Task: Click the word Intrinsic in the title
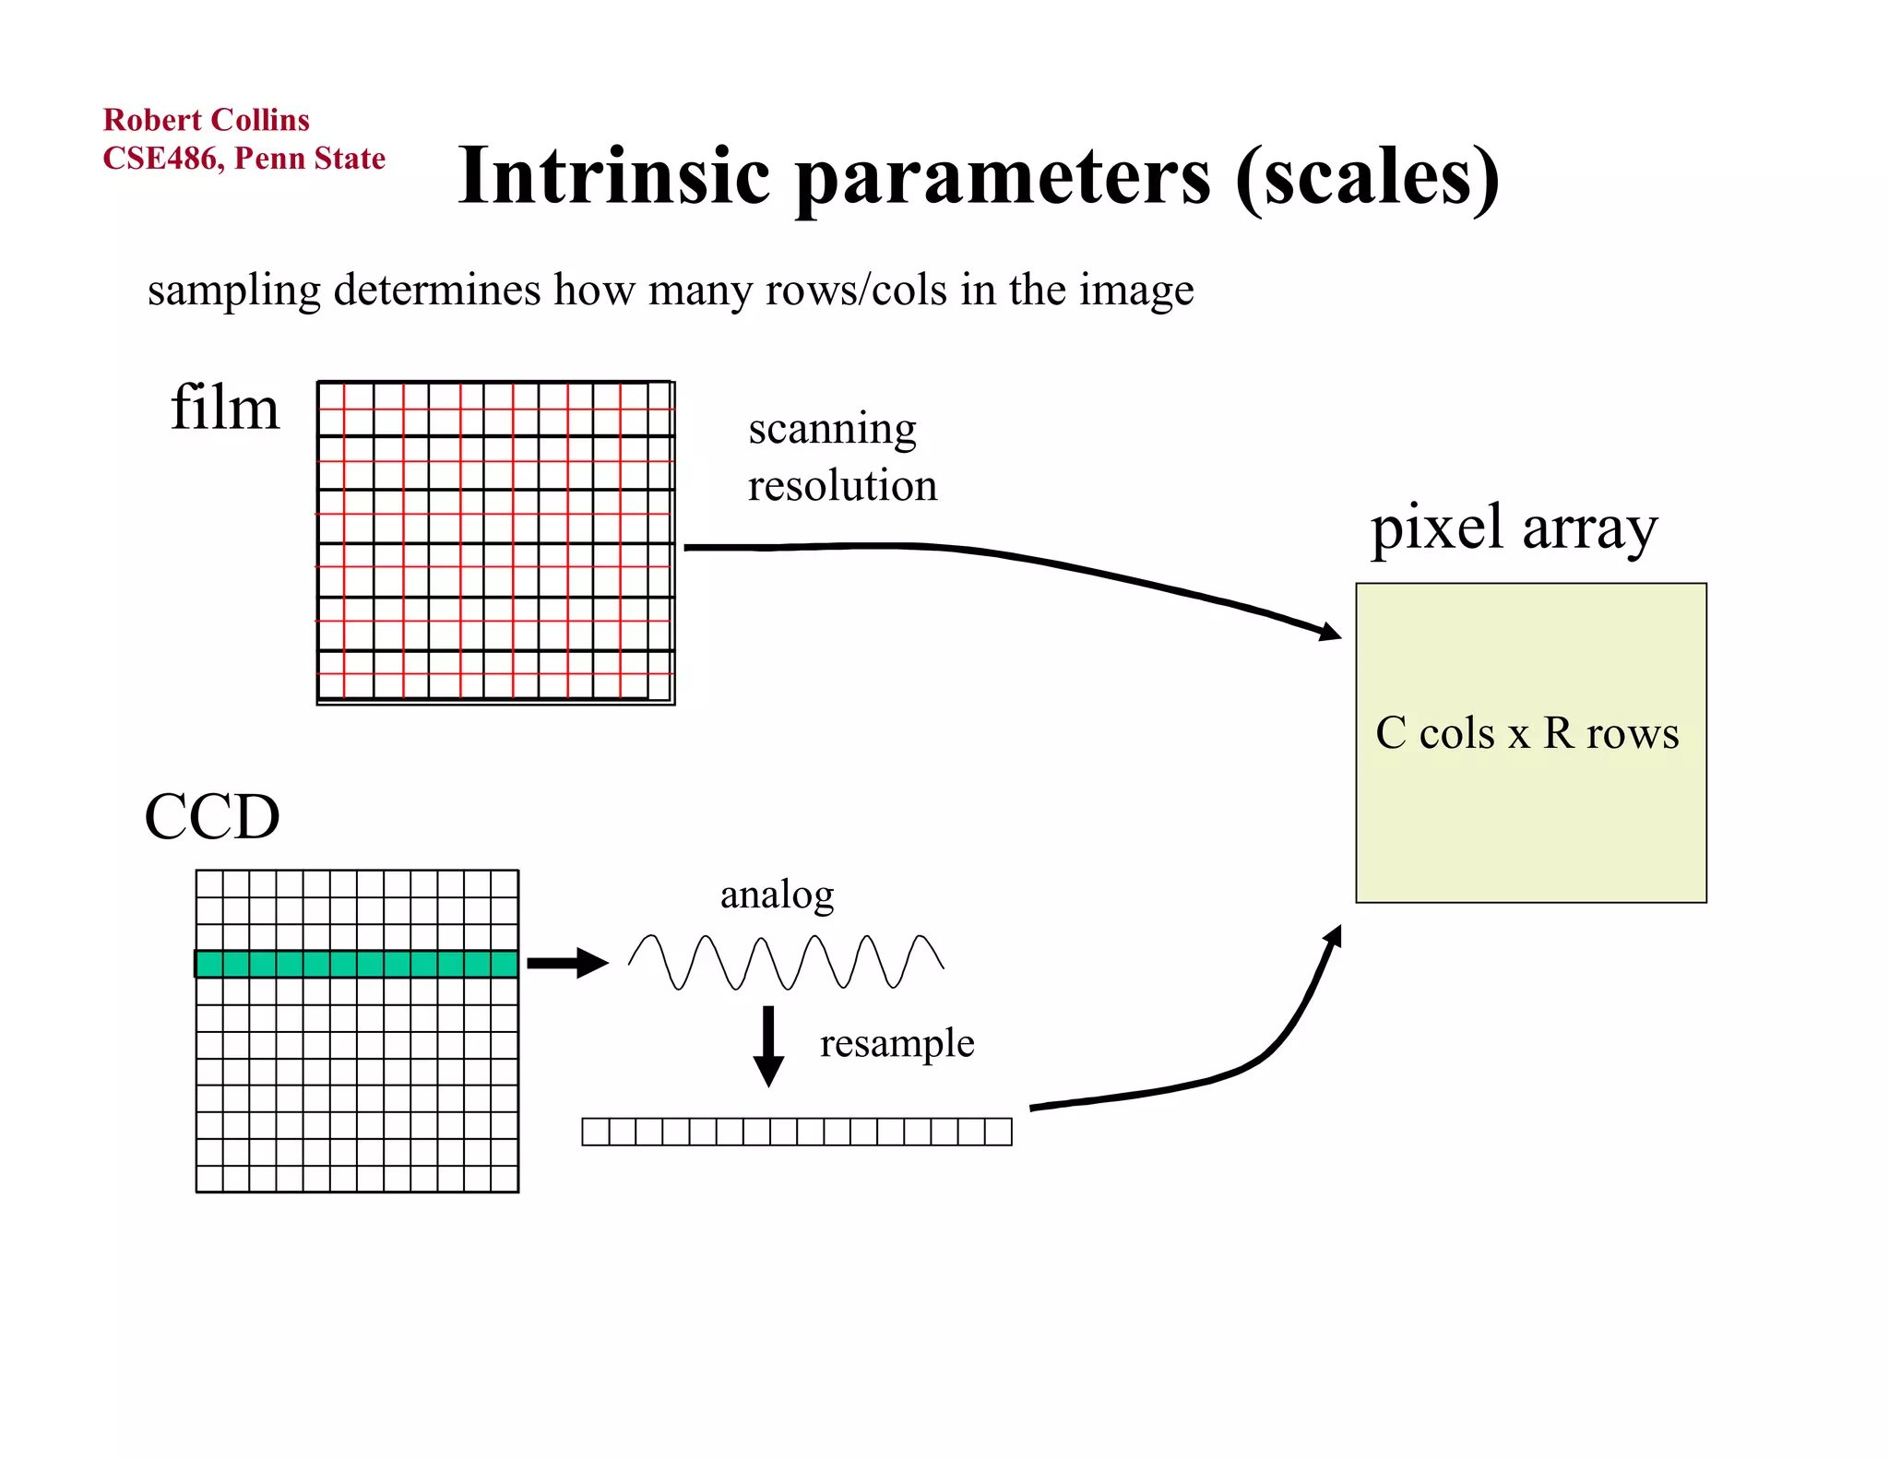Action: (613, 177)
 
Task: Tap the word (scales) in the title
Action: (1367, 177)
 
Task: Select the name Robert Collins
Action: (206, 120)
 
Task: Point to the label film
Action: (224, 408)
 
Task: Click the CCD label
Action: (212, 817)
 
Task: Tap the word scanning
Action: (832, 429)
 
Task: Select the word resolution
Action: (842, 486)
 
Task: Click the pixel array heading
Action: (1514, 528)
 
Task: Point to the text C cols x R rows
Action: (1527, 734)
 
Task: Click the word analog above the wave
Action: (777, 895)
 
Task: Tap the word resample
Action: (897, 1043)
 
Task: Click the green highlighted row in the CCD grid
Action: (357, 964)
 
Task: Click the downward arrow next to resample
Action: (768, 1047)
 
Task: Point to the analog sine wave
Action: (786, 963)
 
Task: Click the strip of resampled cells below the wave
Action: (797, 1132)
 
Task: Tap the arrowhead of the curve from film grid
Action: (1330, 632)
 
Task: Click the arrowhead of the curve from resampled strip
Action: (1333, 936)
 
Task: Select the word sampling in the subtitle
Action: (234, 291)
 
